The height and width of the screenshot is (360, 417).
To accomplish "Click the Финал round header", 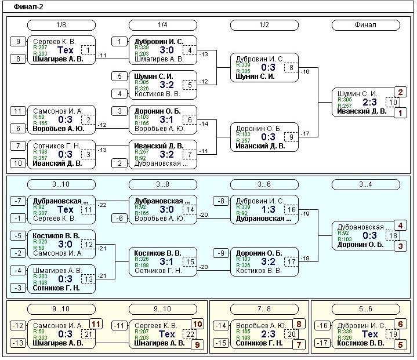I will [365, 25].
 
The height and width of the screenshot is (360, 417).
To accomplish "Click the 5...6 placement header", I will [365, 310].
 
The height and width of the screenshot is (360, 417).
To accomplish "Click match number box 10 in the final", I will [393, 103].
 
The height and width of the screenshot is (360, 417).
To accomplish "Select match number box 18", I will [393, 236].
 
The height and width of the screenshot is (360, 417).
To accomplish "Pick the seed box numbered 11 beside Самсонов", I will [18, 111].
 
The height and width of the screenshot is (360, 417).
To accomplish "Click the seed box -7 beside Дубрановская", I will [18, 201].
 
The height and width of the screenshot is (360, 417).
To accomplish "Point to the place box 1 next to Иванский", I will [400, 114].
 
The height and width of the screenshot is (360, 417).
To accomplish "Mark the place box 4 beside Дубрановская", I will [400, 225].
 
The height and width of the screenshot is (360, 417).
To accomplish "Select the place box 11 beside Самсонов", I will [96, 323].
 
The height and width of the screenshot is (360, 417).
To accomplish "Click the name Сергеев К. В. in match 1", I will [55, 42].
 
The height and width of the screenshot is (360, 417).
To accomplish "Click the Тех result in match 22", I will [167, 334].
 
